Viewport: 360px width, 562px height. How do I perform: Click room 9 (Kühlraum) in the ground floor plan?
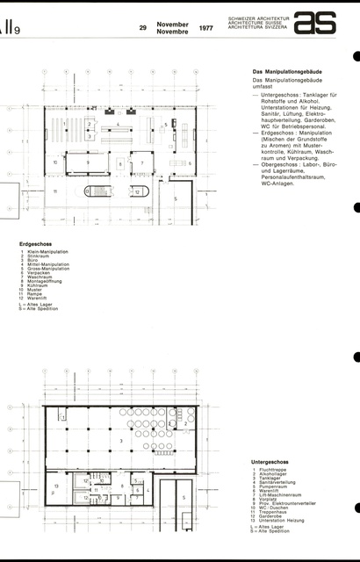(x=87, y=162)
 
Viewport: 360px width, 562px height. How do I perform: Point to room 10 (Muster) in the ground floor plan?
(x=54, y=162)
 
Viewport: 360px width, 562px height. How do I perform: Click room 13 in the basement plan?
(x=56, y=485)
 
